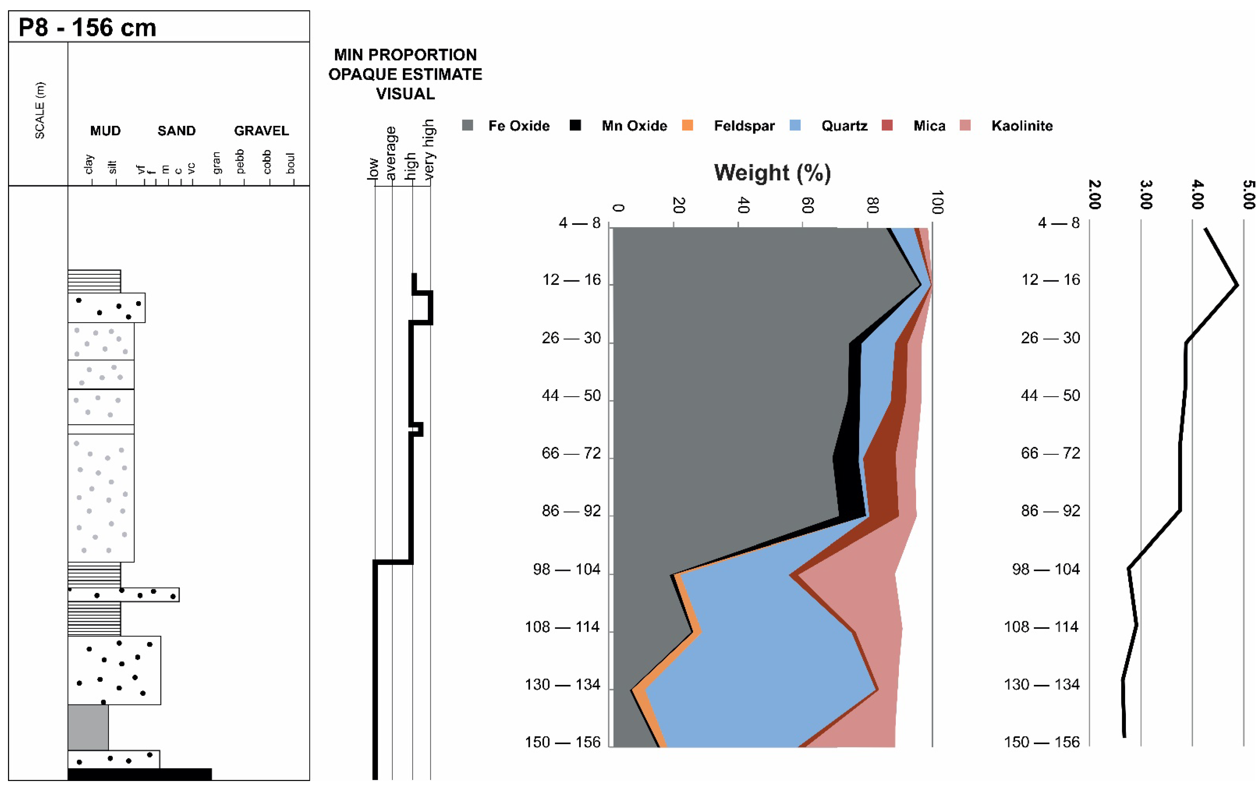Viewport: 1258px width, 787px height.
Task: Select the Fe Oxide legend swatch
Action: click(467, 125)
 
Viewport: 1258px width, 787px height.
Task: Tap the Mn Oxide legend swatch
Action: click(575, 125)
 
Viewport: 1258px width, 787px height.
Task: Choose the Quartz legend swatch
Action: click(795, 125)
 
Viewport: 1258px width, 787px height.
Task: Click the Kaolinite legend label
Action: click(1022, 126)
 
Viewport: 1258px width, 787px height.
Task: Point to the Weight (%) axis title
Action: click(772, 173)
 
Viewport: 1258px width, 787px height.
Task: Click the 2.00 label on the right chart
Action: click(1094, 194)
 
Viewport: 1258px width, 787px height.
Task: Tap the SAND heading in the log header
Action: click(176, 131)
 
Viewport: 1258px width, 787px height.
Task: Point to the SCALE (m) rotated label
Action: click(39, 110)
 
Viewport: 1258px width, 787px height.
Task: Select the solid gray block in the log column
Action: click(88, 727)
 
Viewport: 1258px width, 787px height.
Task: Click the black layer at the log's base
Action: click(140, 774)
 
